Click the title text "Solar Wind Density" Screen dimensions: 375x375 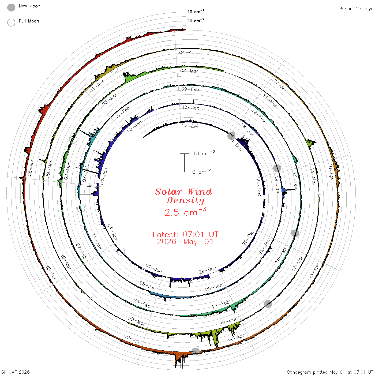183,196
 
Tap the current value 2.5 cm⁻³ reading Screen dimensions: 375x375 185,212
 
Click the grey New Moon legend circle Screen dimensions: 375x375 11,7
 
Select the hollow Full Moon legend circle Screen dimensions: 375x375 11,22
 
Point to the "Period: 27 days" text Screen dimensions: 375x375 356,9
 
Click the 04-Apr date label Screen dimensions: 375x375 188,52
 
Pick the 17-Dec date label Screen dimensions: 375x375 190,126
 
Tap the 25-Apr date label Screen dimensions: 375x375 31,168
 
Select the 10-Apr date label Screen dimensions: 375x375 331,172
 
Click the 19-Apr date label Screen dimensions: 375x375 132,339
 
